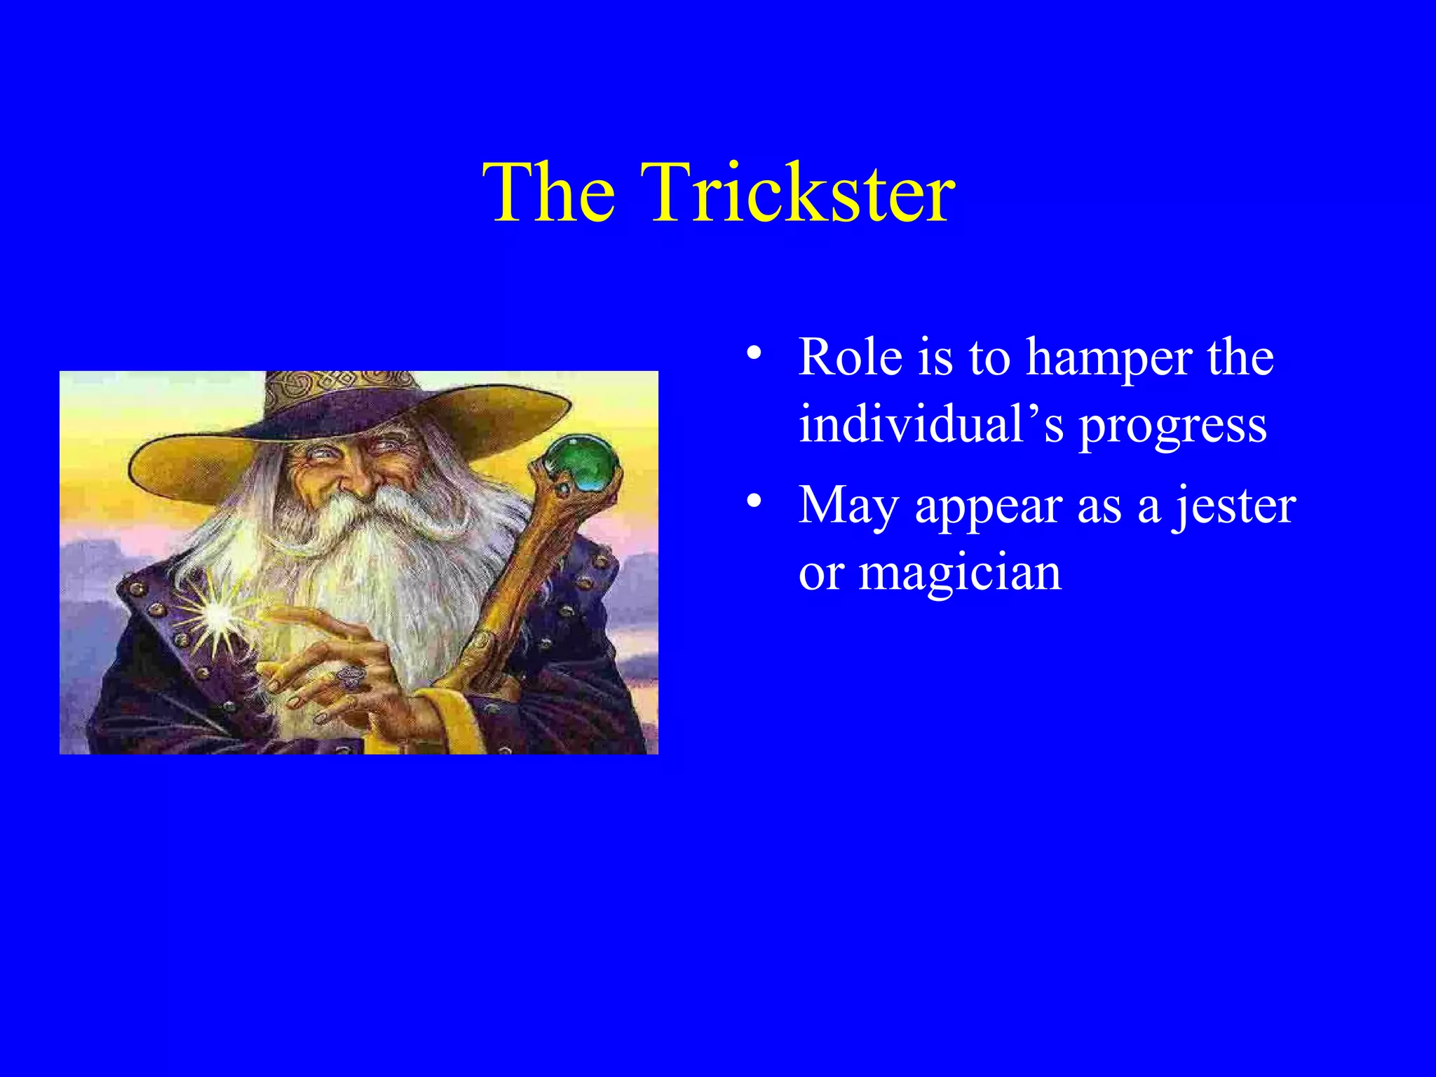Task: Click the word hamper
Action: tap(1109, 360)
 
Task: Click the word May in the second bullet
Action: tap(848, 507)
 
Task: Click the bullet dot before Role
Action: tap(753, 353)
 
